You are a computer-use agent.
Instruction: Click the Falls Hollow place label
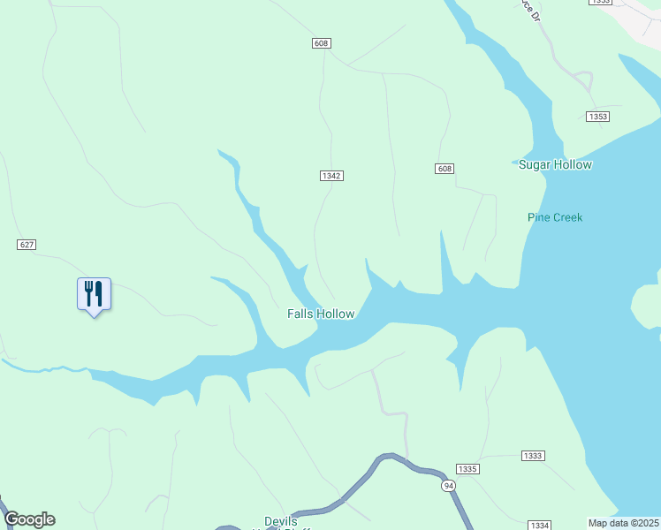pyautogui.click(x=321, y=314)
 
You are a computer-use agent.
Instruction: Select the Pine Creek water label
pyautogui.click(x=555, y=217)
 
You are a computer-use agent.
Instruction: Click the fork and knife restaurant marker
pyautogui.click(x=94, y=294)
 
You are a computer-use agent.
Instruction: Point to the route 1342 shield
pyautogui.click(x=331, y=176)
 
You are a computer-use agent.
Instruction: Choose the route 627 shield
pyautogui.click(x=26, y=244)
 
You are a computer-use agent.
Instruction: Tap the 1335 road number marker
pyautogui.click(x=467, y=468)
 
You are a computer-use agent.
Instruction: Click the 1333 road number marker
pyautogui.click(x=533, y=455)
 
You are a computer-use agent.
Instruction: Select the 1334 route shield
pyautogui.click(x=540, y=525)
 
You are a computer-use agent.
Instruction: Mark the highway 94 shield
pyautogui.click(x=449, y=486)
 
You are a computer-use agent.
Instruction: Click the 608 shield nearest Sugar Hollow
pyautogui.click(x=444, y=169)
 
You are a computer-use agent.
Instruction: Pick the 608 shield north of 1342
pyautogui.click(x=321, y=43)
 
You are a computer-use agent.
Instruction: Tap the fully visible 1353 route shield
pyautogui.click(x=598, y=117)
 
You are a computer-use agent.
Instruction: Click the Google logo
pyautogui.click(x=29, y=519)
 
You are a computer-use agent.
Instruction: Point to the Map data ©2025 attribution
pyautogui.click(x=624, y=523)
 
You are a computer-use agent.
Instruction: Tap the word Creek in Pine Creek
pyautogui.click(x=568, y=217)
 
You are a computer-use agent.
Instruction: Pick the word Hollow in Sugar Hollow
pyautogui.click(x=572, y=165)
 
